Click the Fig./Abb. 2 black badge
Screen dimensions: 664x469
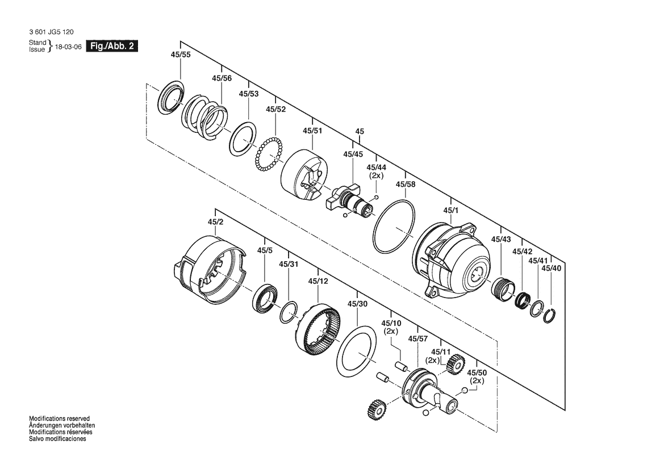click(x=112, y=46)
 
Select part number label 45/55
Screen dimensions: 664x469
click(x=181, y=54)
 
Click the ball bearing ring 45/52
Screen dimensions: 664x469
click(x=269, y=154)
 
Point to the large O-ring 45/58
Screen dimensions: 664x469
click(x=394, y=227)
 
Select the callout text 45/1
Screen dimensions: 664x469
click(x=451, y=211)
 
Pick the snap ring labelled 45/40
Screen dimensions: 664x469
click(x=549, y=316)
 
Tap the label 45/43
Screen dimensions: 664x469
click(x=501, y=239)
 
